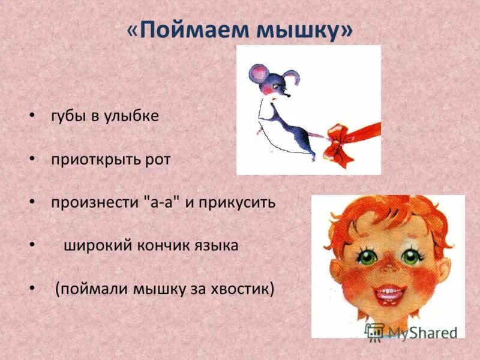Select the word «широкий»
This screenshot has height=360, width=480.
coord(95,245)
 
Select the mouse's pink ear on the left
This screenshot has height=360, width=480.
coord(259,76)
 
